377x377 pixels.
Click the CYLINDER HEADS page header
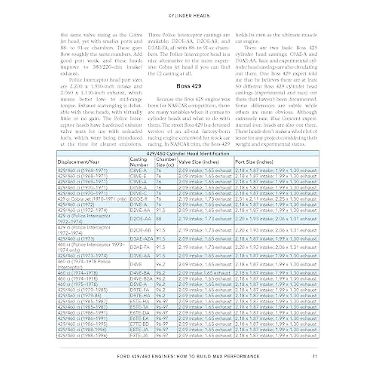[188, 15]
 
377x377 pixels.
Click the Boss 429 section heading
[188, 86]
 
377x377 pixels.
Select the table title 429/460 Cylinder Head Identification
[188, 154]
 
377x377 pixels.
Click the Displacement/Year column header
[78, 162]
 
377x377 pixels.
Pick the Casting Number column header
[139, 162]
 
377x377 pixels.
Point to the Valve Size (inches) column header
[199, 162]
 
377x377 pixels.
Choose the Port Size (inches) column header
[254, 162]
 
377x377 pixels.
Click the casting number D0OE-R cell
[139, 199]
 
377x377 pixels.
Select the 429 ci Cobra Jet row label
[92, 199]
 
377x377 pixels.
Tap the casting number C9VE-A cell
[138, 182]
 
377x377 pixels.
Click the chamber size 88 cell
[159, 219]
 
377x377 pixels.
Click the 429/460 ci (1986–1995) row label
[82, 324]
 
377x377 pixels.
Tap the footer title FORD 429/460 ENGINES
[188, 356]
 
